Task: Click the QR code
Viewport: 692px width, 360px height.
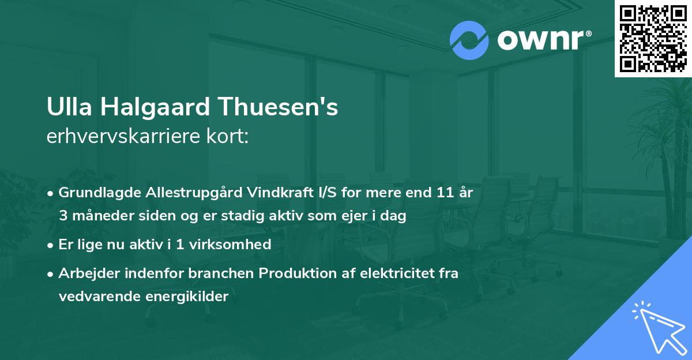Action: coord(653,38)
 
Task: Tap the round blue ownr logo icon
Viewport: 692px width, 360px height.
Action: coord(469,40)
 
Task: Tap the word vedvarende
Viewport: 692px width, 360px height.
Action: coord(95,296)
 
